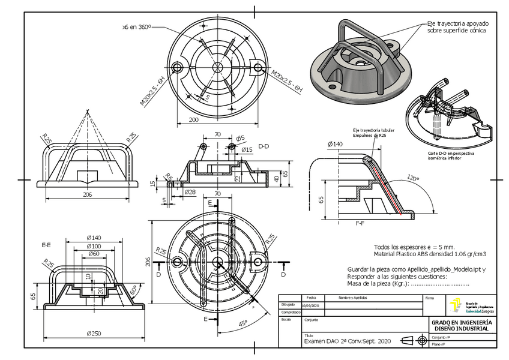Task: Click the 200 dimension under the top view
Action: [x=194, y=120]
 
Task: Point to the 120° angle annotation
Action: [x=412, y=179]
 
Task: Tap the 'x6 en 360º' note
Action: [x=136, y=27]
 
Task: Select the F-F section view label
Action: [x=361, y=222]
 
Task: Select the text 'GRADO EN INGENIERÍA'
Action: [x=462, y=322]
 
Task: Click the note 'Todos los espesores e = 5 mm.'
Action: [x=414, y=247]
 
